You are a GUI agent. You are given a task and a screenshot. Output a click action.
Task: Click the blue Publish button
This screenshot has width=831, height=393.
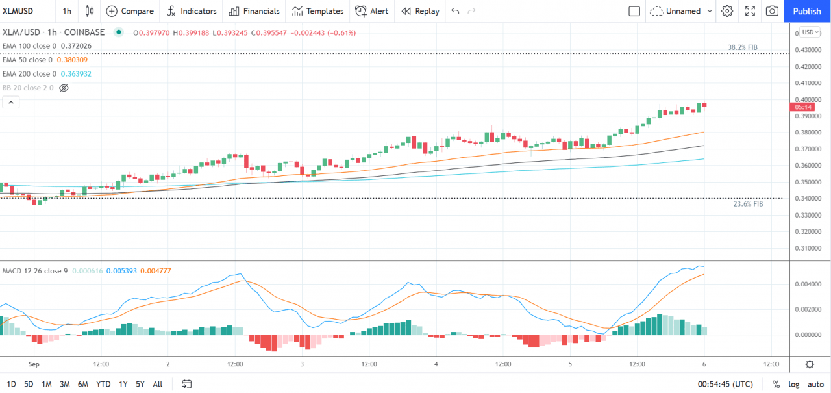pyautogui.click(x=807, y=11)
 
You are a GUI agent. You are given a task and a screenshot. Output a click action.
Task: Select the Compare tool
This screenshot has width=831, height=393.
pyautogui.click(x=130, y=11)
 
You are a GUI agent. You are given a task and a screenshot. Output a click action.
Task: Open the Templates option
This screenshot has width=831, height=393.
pyautogui.click(x=317, y=11)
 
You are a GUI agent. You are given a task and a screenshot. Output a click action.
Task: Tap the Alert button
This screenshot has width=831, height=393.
pyautogui.click(x=372, y=11)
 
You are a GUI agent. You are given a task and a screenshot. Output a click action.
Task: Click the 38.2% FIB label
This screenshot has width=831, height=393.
pyautogui.click(x=742, y=47)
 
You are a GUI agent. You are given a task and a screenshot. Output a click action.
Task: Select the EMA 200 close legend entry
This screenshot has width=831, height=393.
pyautogui.click(x=29, y=74)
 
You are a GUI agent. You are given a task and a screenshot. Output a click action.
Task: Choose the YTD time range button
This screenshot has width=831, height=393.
pyautogui.click(x=103, y=384)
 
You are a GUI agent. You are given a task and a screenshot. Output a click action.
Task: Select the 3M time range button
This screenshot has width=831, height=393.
pyautogui.click(x=64, y=384)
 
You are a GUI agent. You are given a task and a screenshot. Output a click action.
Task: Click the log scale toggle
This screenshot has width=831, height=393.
pyautogui.click(x=794, y=384)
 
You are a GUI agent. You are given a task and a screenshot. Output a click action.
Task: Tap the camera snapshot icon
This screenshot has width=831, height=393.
pyautogui.click(x=772, y=11)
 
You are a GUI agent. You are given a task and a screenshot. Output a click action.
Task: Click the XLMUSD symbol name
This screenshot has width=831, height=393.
pyautogui.click(x=18, y=11)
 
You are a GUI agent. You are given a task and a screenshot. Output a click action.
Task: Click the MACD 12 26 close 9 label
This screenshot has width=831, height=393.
pyautogui.click(x=34, y=270)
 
